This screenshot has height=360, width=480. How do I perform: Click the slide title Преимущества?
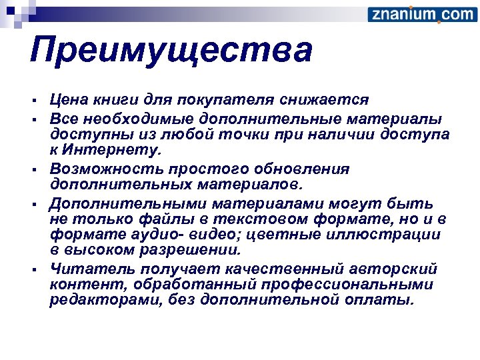[171, 51]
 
